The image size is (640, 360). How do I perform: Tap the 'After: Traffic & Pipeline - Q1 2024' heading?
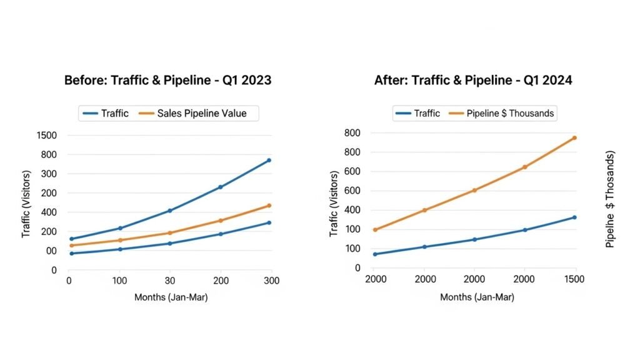pos(473,81)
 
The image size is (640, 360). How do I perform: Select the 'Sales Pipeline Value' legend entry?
pos(202,113)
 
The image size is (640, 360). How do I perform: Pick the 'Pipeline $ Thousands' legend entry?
pos(511,113)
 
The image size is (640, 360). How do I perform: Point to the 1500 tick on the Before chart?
pos(47,135)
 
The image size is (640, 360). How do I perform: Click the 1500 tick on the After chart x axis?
pos(574,279)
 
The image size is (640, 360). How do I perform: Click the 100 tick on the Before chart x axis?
pos(119,281)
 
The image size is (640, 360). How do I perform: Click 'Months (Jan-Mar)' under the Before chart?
pos(171,297)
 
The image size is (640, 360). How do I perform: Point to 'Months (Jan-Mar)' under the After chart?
pos(477,297)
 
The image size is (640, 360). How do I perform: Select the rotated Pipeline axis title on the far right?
pos(611,199)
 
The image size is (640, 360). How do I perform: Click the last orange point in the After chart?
pos(574,137)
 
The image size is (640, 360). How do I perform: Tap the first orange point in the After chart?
pos(375,229)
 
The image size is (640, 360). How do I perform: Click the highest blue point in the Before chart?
pos(269,161)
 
